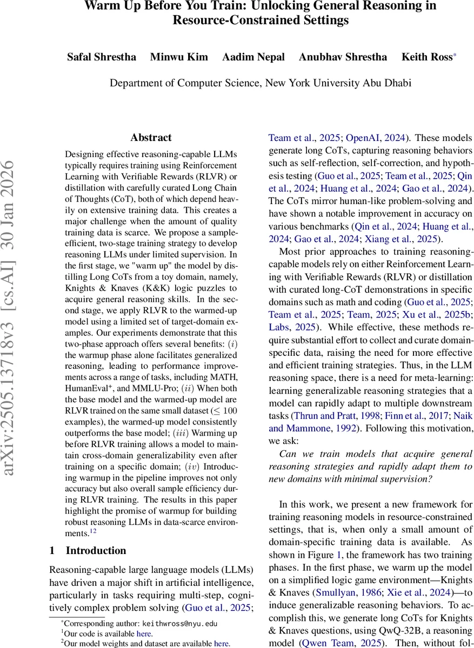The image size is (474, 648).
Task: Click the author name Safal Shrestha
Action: [101, 57]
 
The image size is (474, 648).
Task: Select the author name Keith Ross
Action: [426, 57]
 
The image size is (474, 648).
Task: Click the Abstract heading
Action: [151, 137]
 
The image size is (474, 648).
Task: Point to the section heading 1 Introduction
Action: [88, 550]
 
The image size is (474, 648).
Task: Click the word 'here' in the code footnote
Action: [145, 633]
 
